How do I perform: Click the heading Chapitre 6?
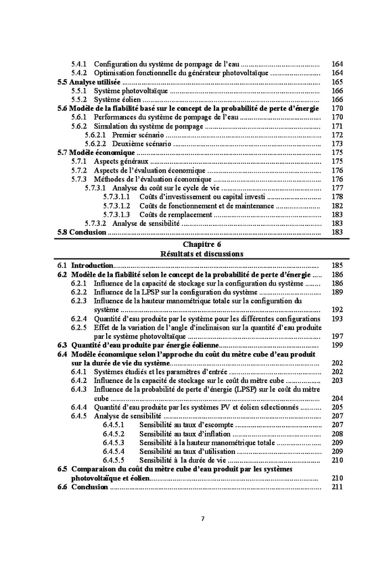pyautogui.click(x=201, y=244)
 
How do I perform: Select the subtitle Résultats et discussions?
pyautogui.click(x=201, y=254)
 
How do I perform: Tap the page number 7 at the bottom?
pyautogui.click(x=202, y=519)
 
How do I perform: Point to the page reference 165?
pyautogui.click(x=337, y=82)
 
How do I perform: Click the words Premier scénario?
pyautogui.click(x=138, y=135)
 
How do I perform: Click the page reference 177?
pyautogui.click(x=337, y=188)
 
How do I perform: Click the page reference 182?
pyautogui.click(x=337, y=205)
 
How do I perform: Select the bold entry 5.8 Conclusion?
pyautogui.click(x=82, y=232)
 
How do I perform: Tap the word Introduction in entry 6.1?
pyautogui.click(x=92, y=266)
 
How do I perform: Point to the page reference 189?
pyautogui.click(x=337, y=292)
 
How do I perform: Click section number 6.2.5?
pyautogui.click(x=79, y=327)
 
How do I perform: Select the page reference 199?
pyautogui.click(x=337, y=345)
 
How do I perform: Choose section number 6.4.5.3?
pyautogui.click(x=113, y=442)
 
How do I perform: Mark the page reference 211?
pyautogui.click(x=337, y=487)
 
